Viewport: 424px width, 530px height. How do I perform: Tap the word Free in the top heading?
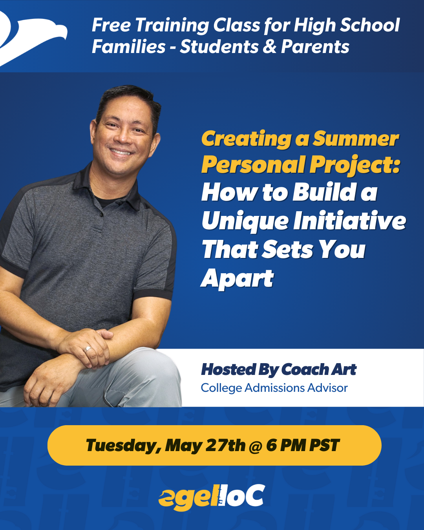pos(111,26)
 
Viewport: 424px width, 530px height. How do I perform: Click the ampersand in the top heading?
pos(269,47)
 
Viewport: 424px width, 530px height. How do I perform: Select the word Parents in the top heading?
pos(315,47)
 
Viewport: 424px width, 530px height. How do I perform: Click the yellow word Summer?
pos(356,139)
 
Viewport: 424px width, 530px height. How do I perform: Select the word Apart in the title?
pos(237,279)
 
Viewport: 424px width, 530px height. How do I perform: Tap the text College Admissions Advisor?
pos(274,388)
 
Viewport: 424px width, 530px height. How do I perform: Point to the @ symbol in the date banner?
pos(256,446)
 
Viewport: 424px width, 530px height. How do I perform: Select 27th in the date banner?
pos(225,446)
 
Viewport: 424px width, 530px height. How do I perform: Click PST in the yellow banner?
pos(324,446)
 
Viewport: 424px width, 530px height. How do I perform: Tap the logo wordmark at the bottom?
pos(212,497)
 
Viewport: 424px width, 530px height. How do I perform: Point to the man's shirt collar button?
pos(102,215)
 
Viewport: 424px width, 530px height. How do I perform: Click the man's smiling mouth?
pos(120,151)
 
